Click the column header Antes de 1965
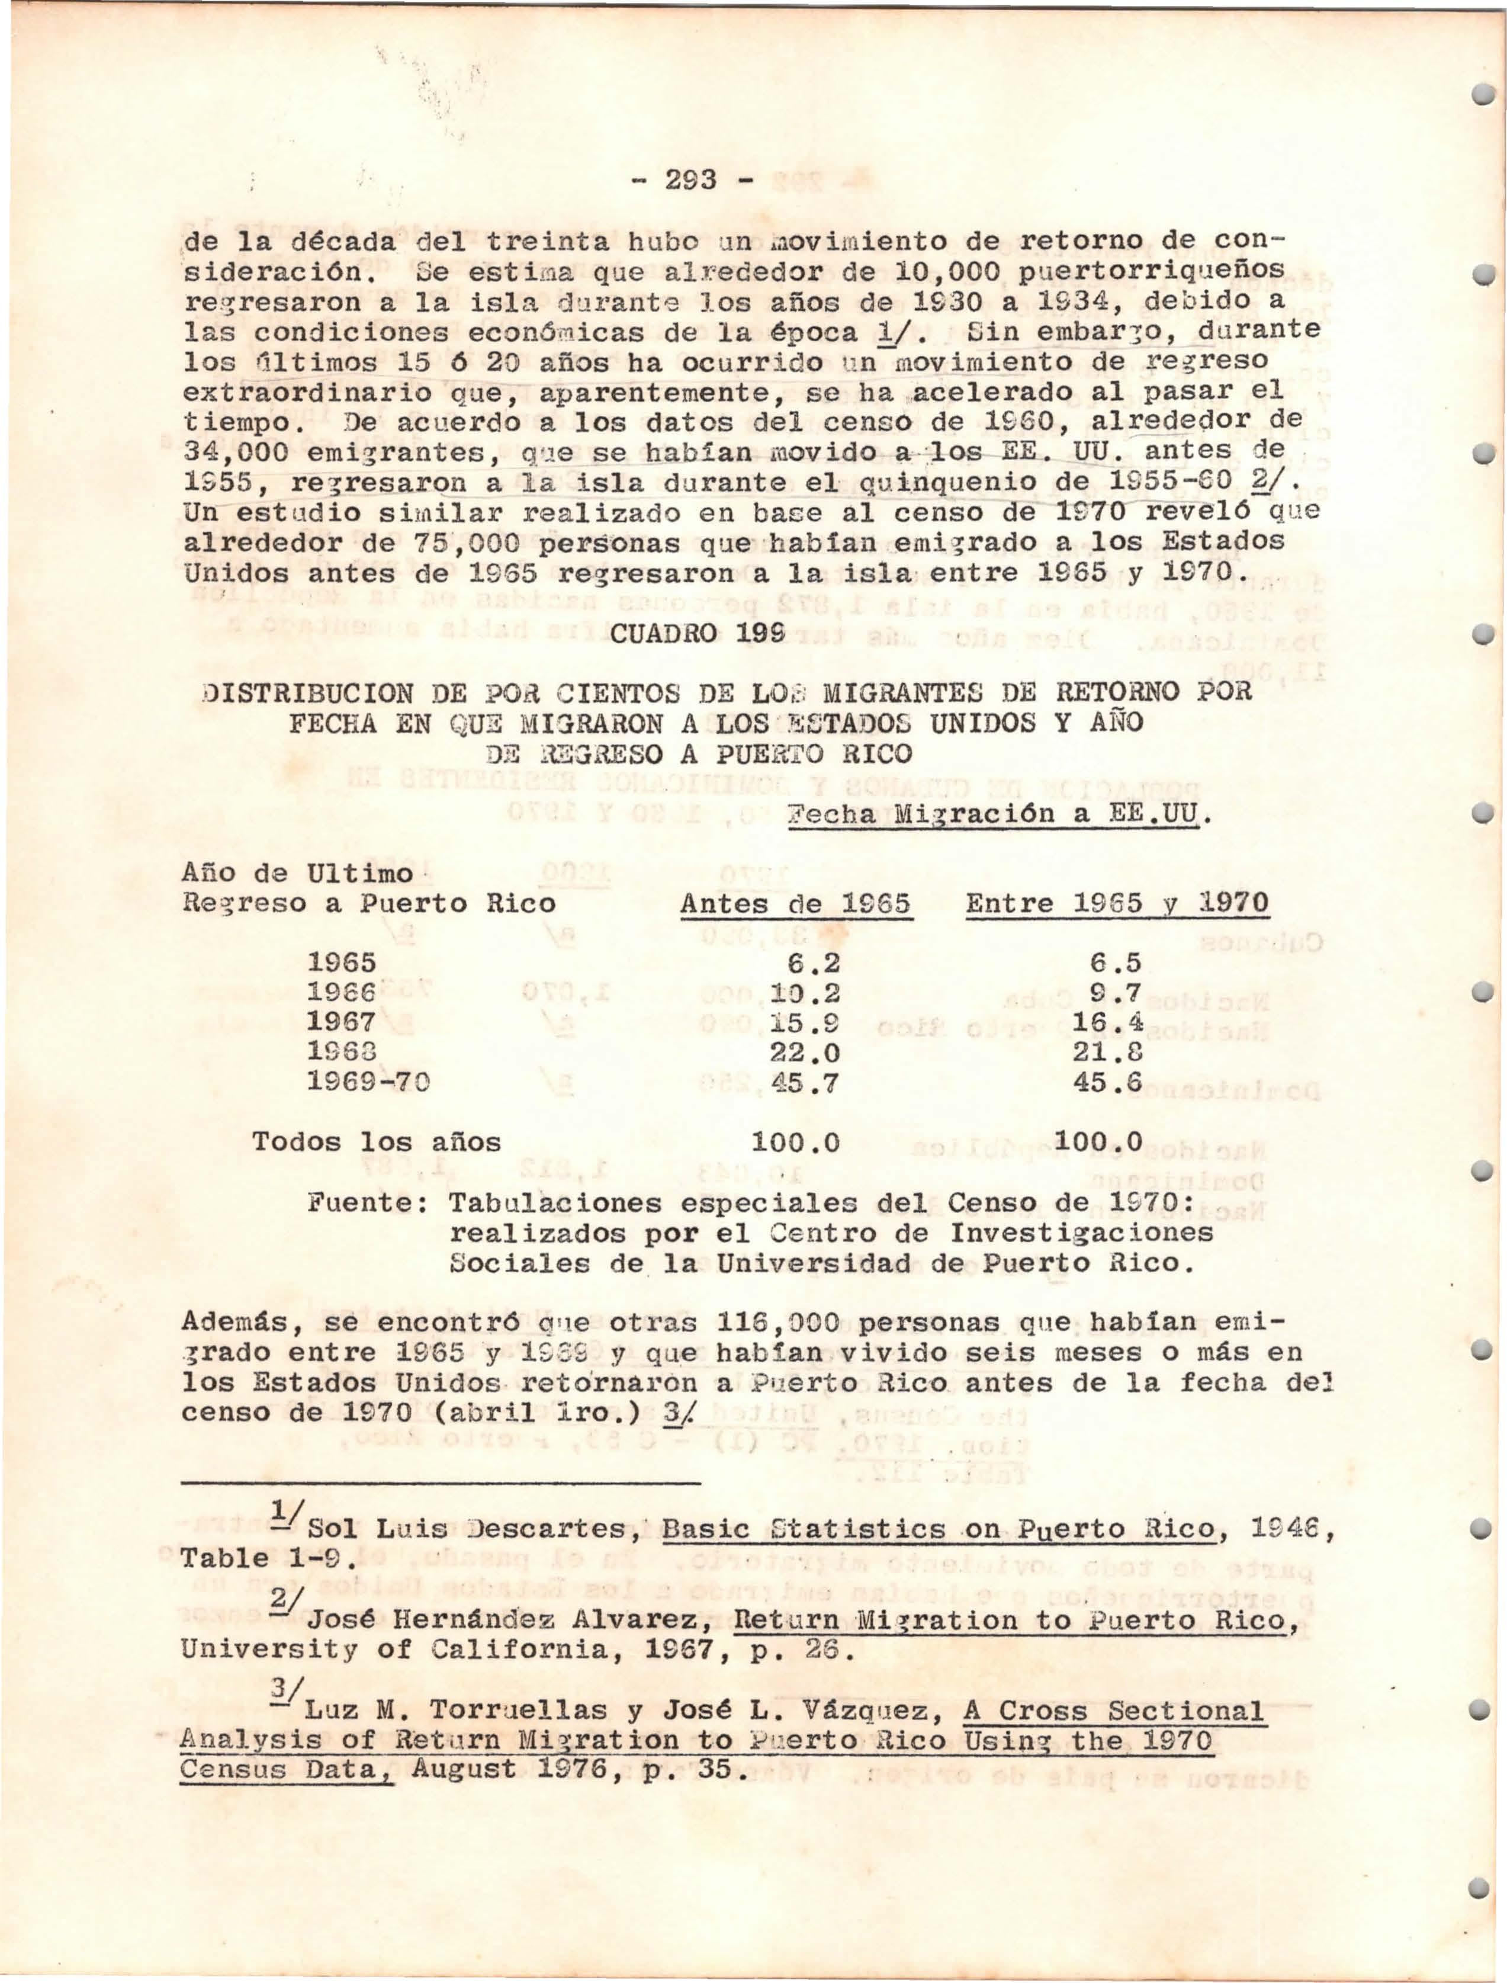click(x=796, y=903)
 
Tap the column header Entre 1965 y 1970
click(x=1117, y=903)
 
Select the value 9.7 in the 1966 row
click(x=1116, y=993)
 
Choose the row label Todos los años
click(x=376, y=1143)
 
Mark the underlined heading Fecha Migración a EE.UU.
click(x=998, y=815)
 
